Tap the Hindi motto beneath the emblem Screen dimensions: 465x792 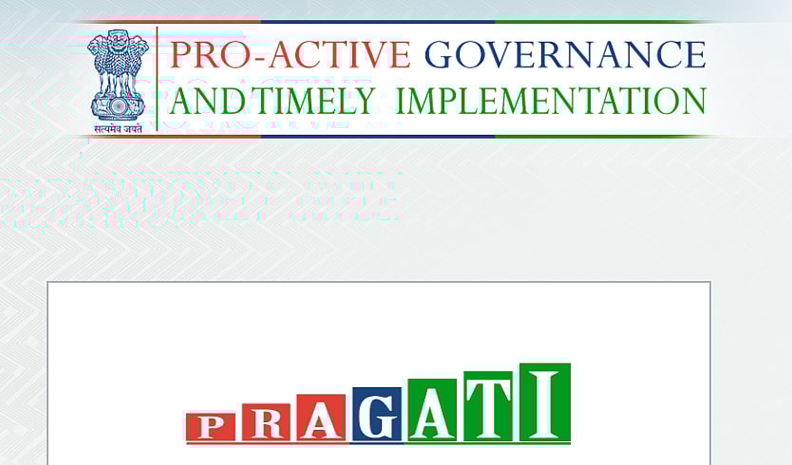(x=118, y=128)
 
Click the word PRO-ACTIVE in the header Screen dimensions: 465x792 (x=290, y=54)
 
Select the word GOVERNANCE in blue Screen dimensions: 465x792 (x=565, y=54)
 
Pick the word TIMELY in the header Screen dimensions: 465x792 (x=305, y=101)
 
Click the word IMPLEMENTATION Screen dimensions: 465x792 (x=551, y=101)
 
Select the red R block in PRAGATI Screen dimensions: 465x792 (x=267, y=422)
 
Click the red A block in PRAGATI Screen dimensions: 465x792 (x=321, y=418)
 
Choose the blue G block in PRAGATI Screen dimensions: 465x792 (x=377, y=414)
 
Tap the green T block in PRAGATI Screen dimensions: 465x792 (x=487, y=405)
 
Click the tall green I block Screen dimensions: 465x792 (x=545, y=401)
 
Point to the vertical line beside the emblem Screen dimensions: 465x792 (x=158, y=79)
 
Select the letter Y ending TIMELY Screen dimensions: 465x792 (x=363, y=101)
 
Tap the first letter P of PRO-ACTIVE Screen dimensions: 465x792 (x=180, y=54)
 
